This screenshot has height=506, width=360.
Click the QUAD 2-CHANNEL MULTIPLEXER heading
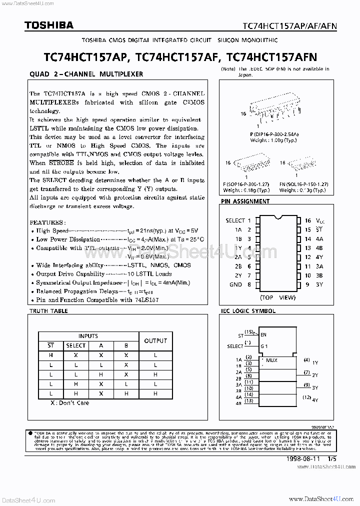click(x=86, y=74)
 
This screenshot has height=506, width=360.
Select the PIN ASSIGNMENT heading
click(x=245, y=201)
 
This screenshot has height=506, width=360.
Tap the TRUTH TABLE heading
click(x=48, y=311)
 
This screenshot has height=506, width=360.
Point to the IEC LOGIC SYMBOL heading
click(x=248, y=311)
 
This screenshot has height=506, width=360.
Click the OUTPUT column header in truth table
click(x=155, y=341)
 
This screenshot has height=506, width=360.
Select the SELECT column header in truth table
click(x=76, y=345)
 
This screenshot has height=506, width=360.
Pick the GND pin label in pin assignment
click(x=235, y=284)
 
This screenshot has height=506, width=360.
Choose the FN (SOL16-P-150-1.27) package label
click(x=303, y=185)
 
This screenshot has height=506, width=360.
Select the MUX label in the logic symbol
click(x=271, y=360)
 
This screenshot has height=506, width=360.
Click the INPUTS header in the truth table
click(x=88, y=336)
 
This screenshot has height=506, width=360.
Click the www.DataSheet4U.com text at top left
click(x=23, y=3)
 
